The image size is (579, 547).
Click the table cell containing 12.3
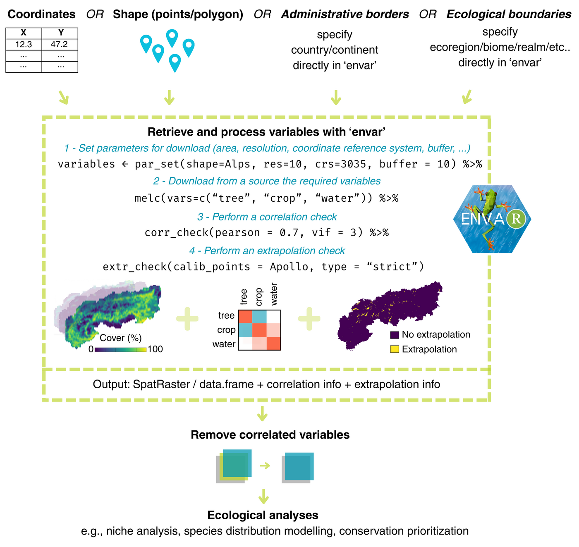click(x=24, y=44)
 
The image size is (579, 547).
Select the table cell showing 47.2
click(x=60, y=44)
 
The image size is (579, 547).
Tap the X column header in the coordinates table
click(x=24, y=33)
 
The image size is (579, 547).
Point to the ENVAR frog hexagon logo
click(x=492, y=219)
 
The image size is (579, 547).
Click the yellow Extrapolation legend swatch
click(x=394, y=349)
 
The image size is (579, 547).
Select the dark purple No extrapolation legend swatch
click(x=394, y=335)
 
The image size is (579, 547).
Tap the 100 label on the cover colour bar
click(x=155, y=349)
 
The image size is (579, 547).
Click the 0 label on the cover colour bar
click(x=91, y=349)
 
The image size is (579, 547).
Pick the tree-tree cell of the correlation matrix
click(x=245, y=317)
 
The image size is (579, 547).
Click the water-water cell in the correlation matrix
click(x=273, y=343)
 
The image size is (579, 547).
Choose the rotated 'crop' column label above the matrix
click(x=258, y=297)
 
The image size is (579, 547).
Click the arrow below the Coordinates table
click(x=64, y=98)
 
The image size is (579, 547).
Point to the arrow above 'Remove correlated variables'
click(x=262, y=414)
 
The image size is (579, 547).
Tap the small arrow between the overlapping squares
click(x=265, y=466)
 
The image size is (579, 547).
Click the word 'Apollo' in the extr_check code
click(x=289, y=267)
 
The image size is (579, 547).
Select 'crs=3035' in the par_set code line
click(x=340, y=164)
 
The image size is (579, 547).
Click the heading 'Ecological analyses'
click(x=263, y=515)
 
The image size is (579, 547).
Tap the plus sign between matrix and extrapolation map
click(x=309, y=319)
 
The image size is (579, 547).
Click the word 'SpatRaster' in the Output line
click(x=161, y=384)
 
